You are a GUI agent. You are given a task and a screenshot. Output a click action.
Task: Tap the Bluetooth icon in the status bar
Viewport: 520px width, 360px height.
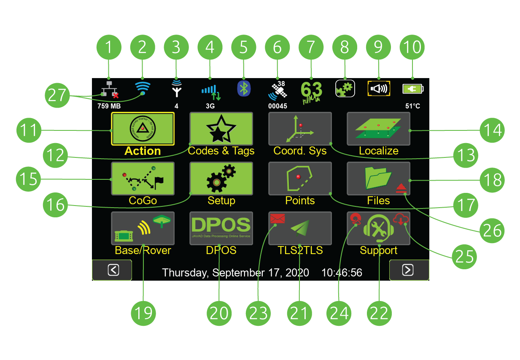coord(243,88)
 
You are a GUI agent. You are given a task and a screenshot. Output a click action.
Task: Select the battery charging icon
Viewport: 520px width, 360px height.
coord(412,89)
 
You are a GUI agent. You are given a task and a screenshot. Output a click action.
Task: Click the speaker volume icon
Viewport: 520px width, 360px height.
coord(379,89)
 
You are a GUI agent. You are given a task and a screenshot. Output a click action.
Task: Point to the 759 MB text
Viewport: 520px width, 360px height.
coord(109,106)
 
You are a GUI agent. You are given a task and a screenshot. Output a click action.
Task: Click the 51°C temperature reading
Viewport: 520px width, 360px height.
coord(412,106)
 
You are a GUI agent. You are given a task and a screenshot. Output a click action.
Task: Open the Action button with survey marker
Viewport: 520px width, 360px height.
coord(143,129)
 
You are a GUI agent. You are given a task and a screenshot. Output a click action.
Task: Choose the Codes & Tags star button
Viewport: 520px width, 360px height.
coord(221,129)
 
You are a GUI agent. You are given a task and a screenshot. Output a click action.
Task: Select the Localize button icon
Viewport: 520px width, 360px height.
coord(378,129)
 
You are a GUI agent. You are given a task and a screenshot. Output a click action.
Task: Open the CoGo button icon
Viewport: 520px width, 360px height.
coord(143,179)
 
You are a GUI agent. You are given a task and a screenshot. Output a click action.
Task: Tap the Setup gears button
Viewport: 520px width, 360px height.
coord(221,179)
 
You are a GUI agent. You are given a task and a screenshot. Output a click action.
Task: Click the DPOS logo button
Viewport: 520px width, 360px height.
coord(221,228)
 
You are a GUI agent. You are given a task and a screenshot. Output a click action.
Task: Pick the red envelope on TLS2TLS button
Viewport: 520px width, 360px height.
coord(278,219)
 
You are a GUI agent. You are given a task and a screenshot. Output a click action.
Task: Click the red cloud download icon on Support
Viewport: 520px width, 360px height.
coord(401,219)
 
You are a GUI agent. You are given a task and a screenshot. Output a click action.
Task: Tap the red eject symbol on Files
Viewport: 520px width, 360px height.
coord(401,189)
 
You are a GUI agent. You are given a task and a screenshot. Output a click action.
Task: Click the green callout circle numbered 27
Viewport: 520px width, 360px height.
coord(57,95)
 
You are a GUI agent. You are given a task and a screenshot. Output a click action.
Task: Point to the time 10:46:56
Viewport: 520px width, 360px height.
coord(342,273)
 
